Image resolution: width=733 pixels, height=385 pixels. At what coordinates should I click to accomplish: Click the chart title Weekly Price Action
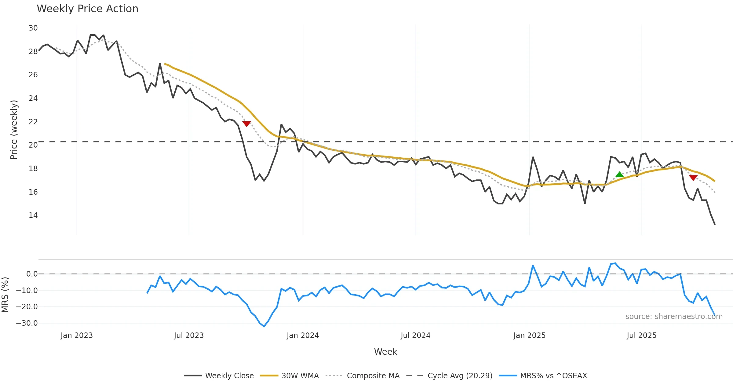[x=87, y=9]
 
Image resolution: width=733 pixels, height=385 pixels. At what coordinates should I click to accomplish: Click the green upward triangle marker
[x=619, y=175]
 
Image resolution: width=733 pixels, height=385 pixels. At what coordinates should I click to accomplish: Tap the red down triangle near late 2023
[x=246, y=124]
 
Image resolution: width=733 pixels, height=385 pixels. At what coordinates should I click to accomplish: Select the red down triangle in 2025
[x=693, y=178]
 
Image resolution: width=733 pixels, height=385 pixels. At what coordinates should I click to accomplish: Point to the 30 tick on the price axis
[x=33, y=28]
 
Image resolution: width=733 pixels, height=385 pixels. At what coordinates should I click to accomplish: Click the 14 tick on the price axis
[x=33, y=215]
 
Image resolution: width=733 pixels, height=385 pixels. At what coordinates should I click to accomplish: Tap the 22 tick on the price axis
[x=33, y=122]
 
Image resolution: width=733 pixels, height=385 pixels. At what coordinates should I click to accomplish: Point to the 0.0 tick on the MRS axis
[x=32, y=274]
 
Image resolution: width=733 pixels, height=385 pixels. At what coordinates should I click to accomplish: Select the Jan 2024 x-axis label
[x=303, y=335]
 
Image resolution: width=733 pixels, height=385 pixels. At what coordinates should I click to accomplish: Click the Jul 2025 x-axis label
[x=641, y=335]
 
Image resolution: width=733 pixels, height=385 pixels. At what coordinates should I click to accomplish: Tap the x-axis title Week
[x=385, y=352]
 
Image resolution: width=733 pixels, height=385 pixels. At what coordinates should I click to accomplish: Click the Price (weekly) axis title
[x=14, y=130]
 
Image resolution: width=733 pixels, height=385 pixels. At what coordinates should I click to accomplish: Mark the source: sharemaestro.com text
[x=674, y=317]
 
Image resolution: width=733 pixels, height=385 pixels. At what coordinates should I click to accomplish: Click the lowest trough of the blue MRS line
[x=264, y=326]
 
